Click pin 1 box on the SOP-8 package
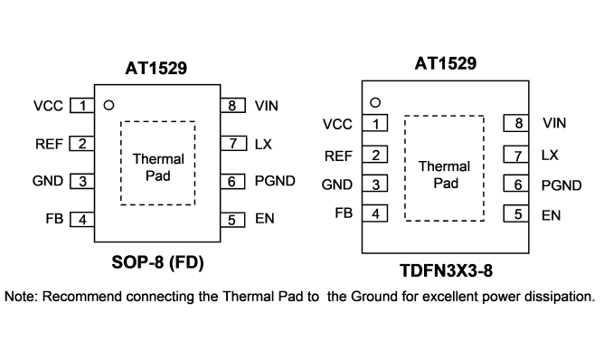coord(82,106)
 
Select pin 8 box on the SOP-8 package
coord(233,106)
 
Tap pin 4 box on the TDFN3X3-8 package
coord(375,213)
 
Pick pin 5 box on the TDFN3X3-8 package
coord(516,213)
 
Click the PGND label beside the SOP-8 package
coord(275,181)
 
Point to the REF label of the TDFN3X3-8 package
coord(338,156)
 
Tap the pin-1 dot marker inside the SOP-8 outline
coord(108,105)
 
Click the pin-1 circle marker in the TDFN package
coord(375,102)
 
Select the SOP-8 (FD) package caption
coord(157,262)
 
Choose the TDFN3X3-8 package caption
coord(446,270)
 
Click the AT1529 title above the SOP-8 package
coord(156,68)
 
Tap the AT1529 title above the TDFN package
coord(446,63)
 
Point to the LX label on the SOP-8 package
coord(263,145)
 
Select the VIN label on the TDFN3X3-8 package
coord(554,123)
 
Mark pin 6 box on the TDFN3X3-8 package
coord(516,184)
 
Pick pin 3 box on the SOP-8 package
coord(82,181)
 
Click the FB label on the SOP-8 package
coord(54,218)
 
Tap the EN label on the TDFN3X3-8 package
coord(551,215)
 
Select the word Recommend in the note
coord(81,296)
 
